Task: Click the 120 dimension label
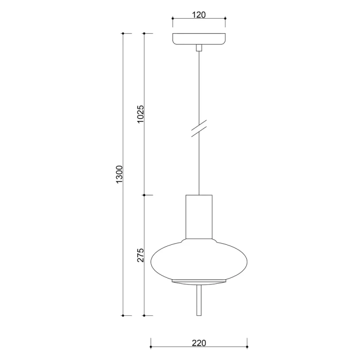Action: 199,15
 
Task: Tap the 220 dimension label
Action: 199,343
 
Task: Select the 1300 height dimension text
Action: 120,174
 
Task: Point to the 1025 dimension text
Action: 140,114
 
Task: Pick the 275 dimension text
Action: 140,255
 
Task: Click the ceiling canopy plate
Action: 199,39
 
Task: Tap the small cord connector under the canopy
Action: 199,48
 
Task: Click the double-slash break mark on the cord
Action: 199,128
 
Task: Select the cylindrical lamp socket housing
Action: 199,217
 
